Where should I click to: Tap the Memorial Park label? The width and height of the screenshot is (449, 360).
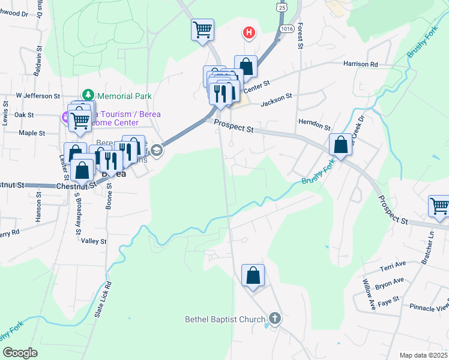(124, 96)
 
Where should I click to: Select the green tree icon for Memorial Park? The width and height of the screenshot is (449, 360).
(88, 95)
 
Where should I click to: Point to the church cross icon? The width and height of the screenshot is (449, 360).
(275, 319)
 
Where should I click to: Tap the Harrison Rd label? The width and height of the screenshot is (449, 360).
(360, 64)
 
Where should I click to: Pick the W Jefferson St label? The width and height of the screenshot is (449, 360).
(38, 95)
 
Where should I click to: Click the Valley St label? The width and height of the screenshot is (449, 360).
(94, 241)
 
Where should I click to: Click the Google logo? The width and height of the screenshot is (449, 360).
(20, 353)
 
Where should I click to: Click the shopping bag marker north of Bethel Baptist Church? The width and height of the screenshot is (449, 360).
(253, 277)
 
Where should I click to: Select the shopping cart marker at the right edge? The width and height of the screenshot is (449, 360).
(439, 207)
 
